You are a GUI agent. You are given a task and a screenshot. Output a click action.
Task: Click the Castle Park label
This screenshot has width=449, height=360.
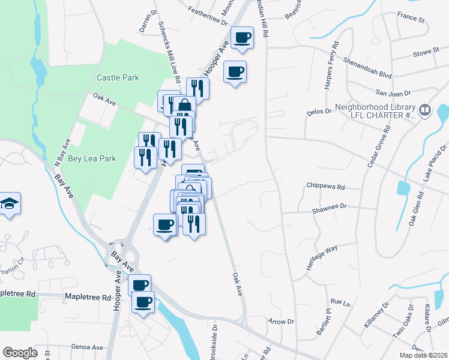click(x=118, y=77)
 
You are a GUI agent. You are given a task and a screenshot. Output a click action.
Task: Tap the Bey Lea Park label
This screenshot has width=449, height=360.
click(x=92, y=158)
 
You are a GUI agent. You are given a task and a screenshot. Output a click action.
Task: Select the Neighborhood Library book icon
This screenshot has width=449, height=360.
click(x=425, y=110)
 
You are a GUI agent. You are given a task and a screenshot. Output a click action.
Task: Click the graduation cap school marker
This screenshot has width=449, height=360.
click(x=9, y=204)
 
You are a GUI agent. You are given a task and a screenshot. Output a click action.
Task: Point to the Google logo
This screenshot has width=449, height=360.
click(x=20, y=353)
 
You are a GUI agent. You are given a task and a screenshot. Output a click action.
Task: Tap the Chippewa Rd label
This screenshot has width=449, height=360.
click(x=325, y=187)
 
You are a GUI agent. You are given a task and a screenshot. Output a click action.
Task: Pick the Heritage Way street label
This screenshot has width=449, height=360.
click(x=322, y=257)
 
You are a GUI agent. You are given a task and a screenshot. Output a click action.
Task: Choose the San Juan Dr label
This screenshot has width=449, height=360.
click(x=393, y=93)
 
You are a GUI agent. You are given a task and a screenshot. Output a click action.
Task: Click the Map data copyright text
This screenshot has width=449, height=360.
click(x=423, y=355)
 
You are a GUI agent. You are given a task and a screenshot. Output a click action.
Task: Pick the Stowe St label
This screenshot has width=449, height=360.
click(x=427, y=53)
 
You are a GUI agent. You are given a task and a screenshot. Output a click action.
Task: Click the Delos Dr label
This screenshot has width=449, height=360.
click(x=319, y=111)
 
